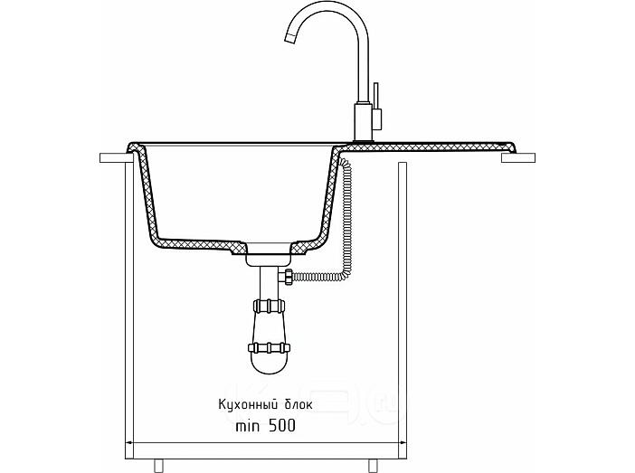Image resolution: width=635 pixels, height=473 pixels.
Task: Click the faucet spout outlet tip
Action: [290, 39]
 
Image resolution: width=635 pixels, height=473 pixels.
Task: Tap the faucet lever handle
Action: [376, 106]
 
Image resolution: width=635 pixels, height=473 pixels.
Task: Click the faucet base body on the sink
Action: [363, 122]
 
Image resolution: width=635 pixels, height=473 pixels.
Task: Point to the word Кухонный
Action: [248, 404]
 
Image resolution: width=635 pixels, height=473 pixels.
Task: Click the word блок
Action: [299, 403]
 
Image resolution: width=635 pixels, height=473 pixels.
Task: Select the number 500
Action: [282, 425]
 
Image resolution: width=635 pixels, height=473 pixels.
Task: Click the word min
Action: [248, 426]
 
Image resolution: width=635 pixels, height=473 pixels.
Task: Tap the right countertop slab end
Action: [518, 158]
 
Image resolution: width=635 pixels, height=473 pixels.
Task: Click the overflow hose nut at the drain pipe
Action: [289, 277]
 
